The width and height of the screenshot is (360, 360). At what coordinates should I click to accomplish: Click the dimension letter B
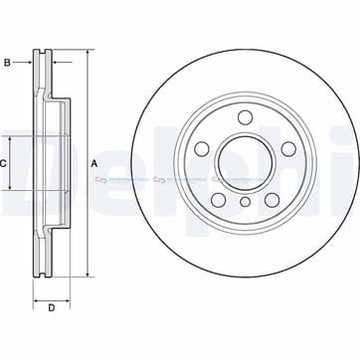7,65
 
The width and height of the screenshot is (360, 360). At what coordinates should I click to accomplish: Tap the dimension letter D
52,306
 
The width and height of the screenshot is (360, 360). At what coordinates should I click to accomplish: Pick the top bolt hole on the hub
244,118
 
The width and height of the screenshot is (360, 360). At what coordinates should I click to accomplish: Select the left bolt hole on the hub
202,149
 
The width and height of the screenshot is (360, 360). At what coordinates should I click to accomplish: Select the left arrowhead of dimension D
35,296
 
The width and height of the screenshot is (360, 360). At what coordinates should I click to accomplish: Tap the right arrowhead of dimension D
70,296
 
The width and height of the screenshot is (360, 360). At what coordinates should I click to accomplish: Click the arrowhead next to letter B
32,65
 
